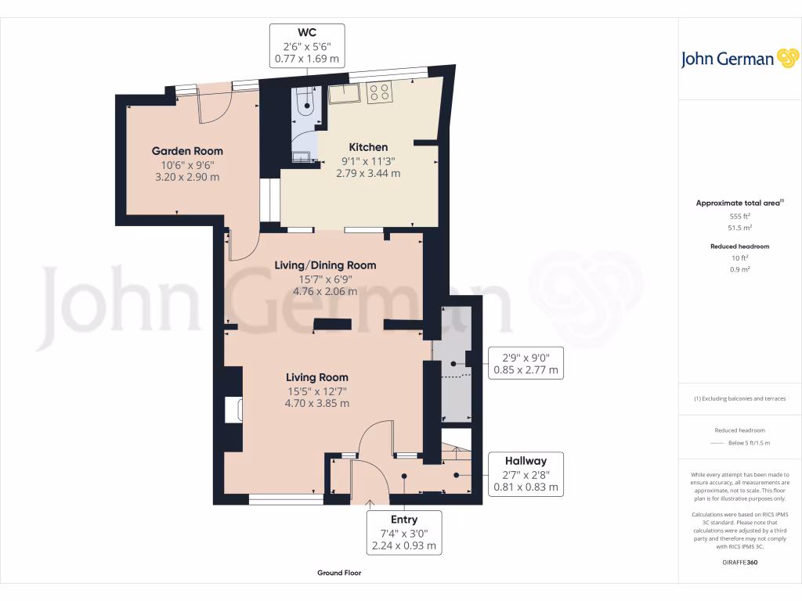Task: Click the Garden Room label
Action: pyautogui.click(x=187, y=151)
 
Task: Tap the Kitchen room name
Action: pyautogui.click(x=368, y=147)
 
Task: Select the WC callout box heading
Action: pyautogui.click(x=307, y=32)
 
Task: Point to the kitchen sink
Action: pyautogui.click(x=343, y=94)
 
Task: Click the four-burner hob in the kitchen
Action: pyautogui.click(x=379, y=92)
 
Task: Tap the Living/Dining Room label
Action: pyautogui.click(x=325, y=265)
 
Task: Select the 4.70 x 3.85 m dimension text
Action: pyautogui.click(x=317, y=404)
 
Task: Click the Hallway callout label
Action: pyautogui.click(x=526, y=461)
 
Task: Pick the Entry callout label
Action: pyautogui.click(x=404, y=520)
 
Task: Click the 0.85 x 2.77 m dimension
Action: pyautogui.click(x=526, y=371)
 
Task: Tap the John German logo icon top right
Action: pyautogui.click(x=786, y=58)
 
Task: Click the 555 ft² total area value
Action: pyautogui.click(x=739, y=216)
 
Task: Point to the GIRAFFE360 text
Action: pyautogui.click(x=740, y=562)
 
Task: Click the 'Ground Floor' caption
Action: pyautogui.click(x=339, y=573)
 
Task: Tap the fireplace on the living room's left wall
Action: pyautogui.click(x=233, y=410)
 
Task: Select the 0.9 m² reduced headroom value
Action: pyautogui.click(x=740, y=269)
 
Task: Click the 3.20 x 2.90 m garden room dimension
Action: pyautogui.click(x=188, y=177)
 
